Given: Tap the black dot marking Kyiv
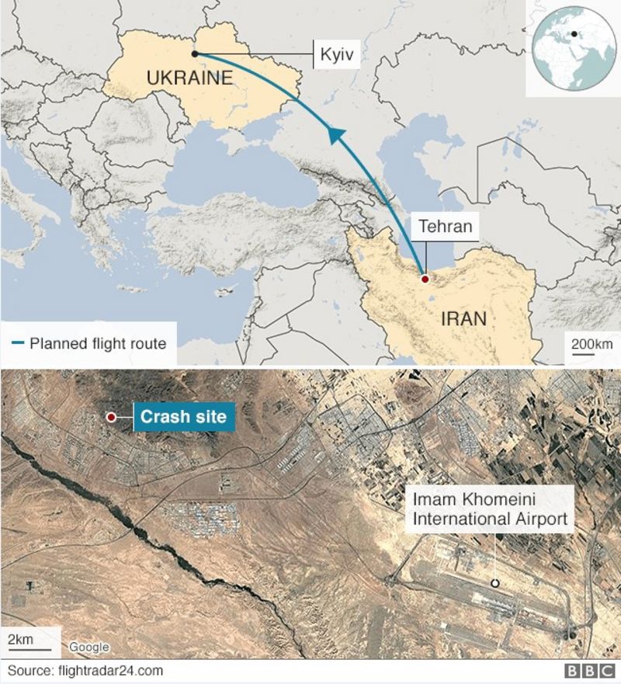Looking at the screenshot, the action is point(194,54).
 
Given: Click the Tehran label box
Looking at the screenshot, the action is point(445,226).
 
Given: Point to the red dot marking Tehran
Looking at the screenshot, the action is point(424,278).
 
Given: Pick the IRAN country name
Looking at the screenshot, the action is point(463,318).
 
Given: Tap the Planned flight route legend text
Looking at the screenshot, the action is point(98,342).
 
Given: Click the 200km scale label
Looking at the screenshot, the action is point(592,343).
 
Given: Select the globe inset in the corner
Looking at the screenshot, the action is point(571,47).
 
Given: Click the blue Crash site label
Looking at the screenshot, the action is point(183,417).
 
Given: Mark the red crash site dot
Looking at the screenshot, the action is point(111,418).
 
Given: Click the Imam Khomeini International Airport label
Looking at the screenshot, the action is point(490,509).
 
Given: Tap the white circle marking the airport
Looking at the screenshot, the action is point(494,583).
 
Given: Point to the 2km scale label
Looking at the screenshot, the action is point(21,638).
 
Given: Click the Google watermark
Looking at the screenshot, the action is point(88,647).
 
